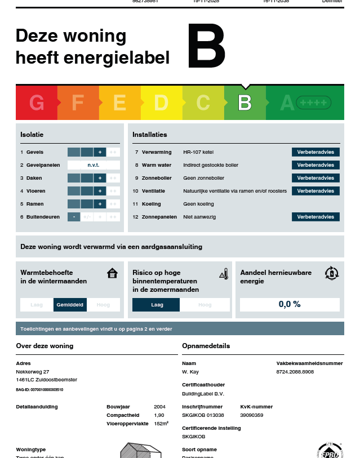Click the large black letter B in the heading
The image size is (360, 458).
[x=206, y=47]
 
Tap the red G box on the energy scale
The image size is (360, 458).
[x=37, y=103]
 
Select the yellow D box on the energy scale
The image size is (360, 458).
[x=161, y=103]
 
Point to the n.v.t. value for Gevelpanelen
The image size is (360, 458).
[x=94, y=165]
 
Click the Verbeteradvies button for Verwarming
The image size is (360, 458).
[x=315, y=152]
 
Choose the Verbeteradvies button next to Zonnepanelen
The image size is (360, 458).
[x=315, y=217]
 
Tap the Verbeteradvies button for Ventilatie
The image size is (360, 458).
[x=315, y=191]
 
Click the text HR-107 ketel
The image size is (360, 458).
[x=198, y=152]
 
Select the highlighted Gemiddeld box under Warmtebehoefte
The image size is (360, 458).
[x=70, y=305]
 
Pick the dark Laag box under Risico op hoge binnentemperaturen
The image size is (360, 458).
[x=156, y=305]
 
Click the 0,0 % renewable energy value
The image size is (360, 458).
[x=290, y=304]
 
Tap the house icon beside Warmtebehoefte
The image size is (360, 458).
[x=112, y=274]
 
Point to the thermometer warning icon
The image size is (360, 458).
[x=224, y=274]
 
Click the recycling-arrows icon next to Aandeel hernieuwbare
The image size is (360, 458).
[x=332, y=274]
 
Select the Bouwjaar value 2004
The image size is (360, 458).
[x=159, y=406]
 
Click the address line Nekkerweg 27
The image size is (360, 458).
[x=33, y=372]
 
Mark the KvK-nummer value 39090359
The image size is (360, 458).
[x=252, y=415]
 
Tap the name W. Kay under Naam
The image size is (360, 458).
[x=190, y=372]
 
